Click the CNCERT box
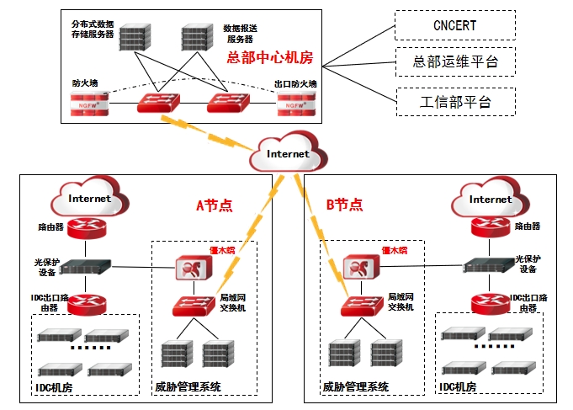(x=455, y=25)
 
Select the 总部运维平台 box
(x=455, y=62)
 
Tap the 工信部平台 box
(x=455, y=102)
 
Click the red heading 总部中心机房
(x=269, y=57)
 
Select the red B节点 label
(x=344, y=205)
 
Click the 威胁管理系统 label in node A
(x=188, y=387)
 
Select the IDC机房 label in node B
(x=459, y=386)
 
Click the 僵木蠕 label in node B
(x=394, y=249)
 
